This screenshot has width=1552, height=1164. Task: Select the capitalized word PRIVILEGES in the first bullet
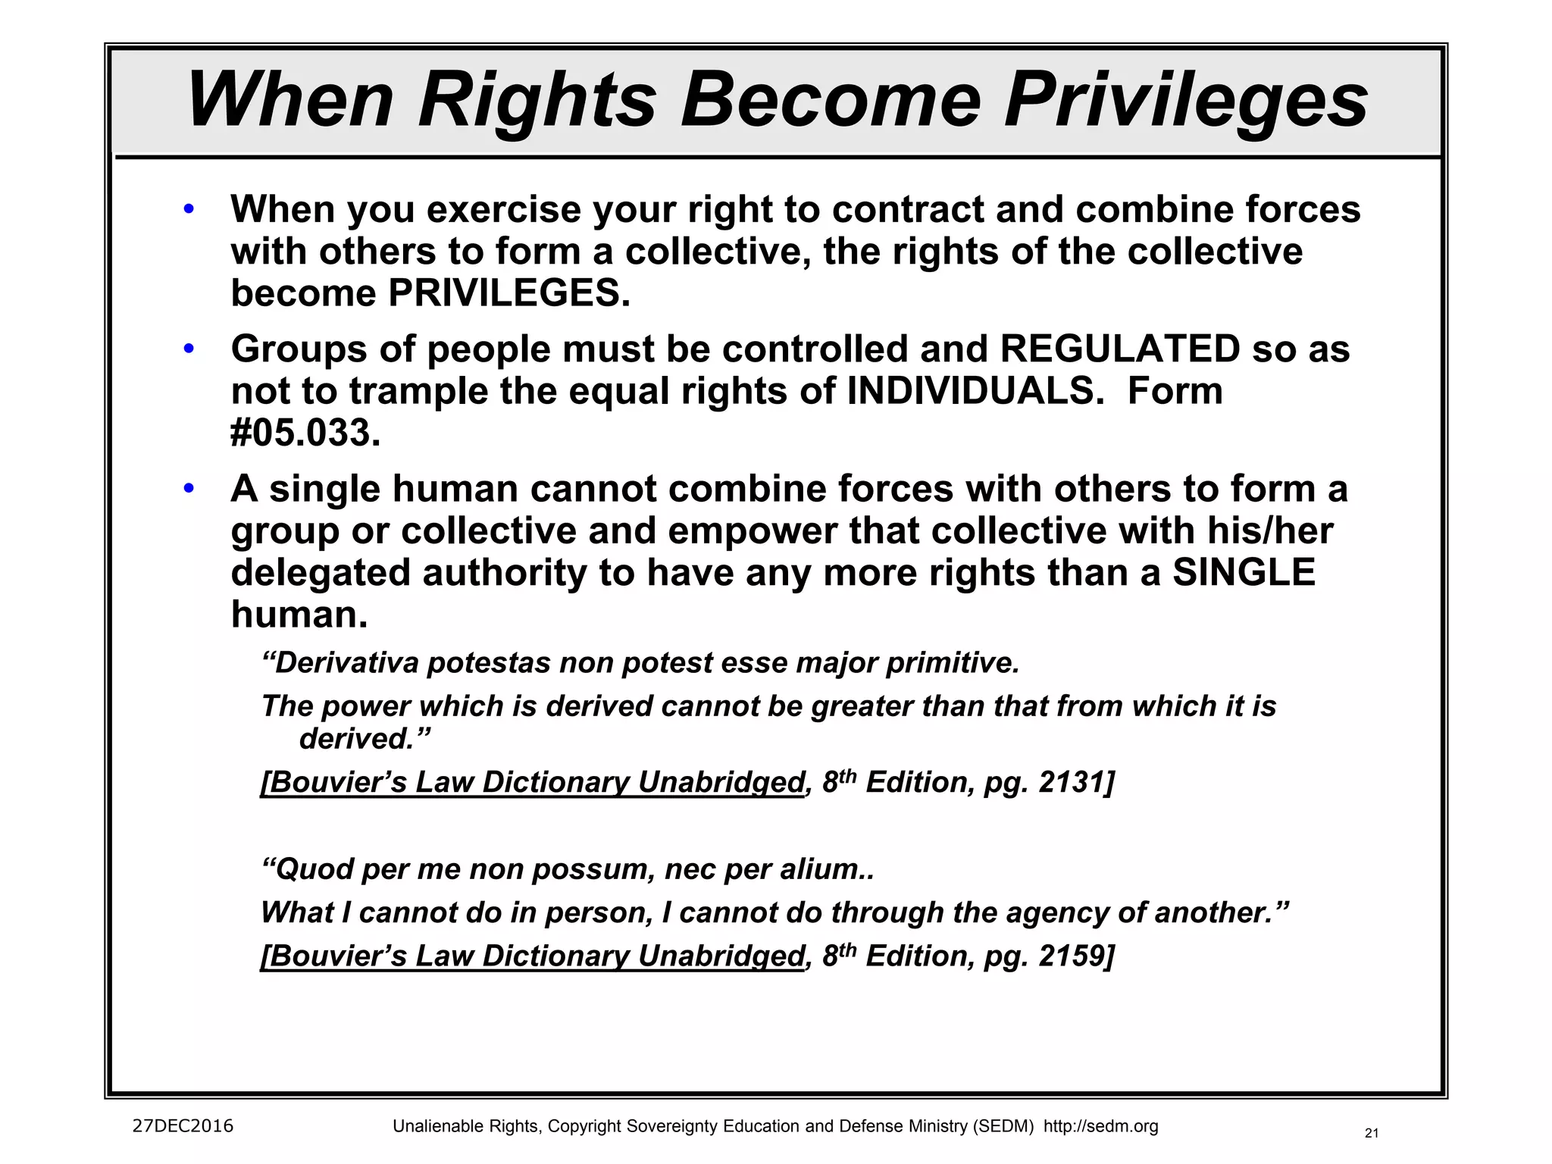tap(508, 293)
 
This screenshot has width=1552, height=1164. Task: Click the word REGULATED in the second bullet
tap(1120, 349)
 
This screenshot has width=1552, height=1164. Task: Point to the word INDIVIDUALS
tap(975, 391)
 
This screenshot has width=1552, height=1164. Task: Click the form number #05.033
tap(305, 433)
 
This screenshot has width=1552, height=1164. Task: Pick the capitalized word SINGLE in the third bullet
tap(1244, 572)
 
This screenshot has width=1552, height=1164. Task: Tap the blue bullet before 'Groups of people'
tap(189, 349)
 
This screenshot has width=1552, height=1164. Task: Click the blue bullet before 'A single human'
tap(189, 489)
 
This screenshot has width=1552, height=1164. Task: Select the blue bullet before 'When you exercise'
tap(189, 209)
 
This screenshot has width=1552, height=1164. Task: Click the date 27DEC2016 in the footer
tap(183, 1126)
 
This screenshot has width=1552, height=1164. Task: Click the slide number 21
tap(1371, 1134)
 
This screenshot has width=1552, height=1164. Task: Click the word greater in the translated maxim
tap(862, 706)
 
